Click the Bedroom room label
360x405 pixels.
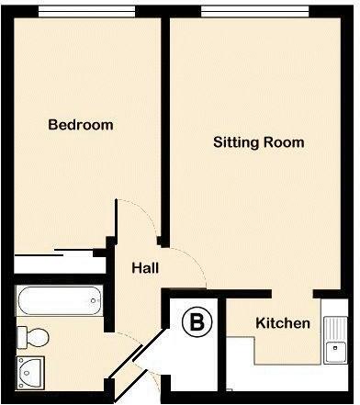81,125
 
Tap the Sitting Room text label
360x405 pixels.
258,143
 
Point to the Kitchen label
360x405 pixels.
283,324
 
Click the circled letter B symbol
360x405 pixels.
196,322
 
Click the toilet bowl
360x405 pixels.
35,334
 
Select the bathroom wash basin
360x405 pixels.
31,373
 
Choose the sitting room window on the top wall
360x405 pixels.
253,11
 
